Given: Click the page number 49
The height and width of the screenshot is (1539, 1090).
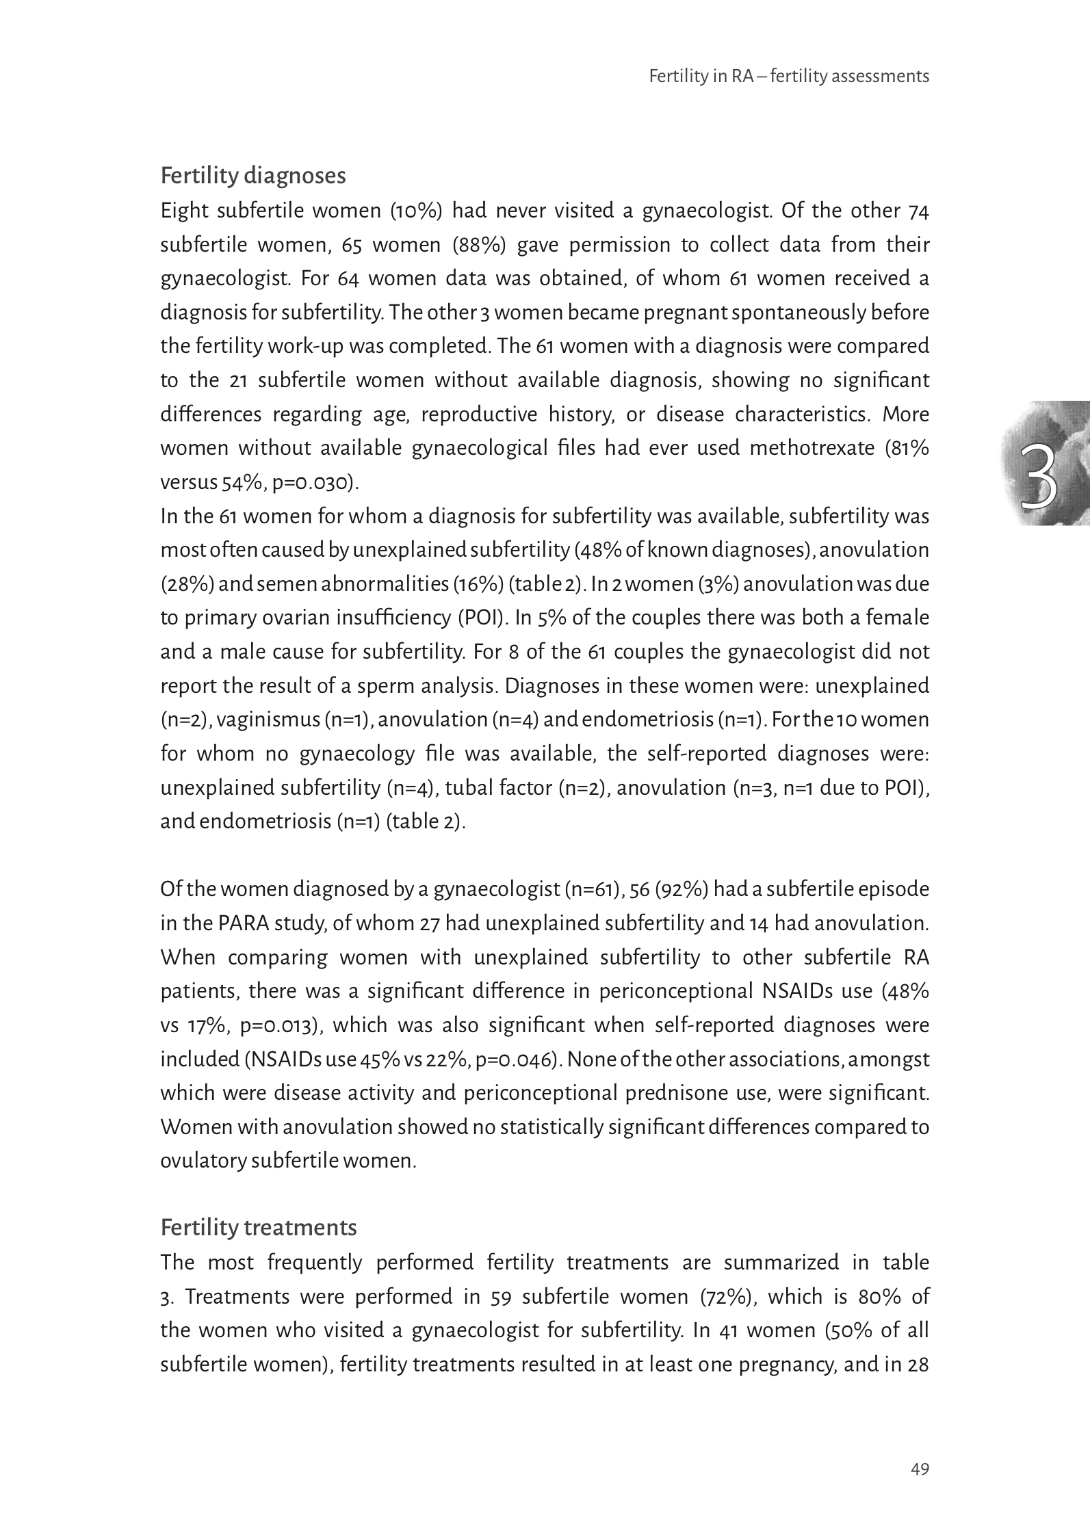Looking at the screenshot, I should coord(920,1469).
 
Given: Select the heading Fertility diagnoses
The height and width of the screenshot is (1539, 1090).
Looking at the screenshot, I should coord(253,176).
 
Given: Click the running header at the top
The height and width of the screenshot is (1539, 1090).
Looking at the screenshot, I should coord(788,76).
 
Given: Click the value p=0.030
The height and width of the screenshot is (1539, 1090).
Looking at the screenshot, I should coord(314,483).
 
